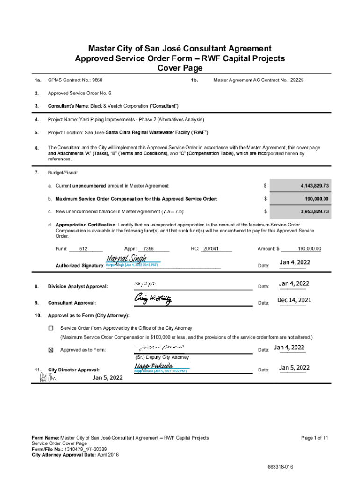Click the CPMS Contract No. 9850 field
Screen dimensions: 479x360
tap(75, 80)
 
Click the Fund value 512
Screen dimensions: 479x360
tap(84, 249)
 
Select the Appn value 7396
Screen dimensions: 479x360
tap(149, 249)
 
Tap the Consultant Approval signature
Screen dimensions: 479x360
tap(152, 298)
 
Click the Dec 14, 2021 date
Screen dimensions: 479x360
tap(294, 300)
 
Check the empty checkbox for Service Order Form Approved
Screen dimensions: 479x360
tap(51, 328)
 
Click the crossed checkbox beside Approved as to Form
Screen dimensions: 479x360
tap(51, 350)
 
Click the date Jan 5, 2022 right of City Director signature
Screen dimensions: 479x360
tap(294, 368)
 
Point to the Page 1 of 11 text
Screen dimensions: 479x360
tap(315, 438)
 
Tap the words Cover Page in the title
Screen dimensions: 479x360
tap(180, 68)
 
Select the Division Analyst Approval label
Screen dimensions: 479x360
tap(78, 286)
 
